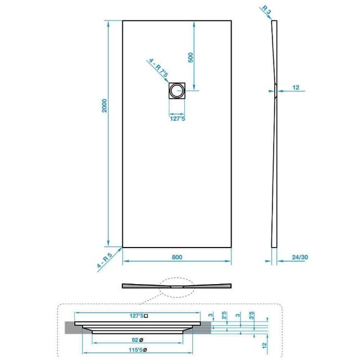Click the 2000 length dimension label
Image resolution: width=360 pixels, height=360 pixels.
click(105, 106)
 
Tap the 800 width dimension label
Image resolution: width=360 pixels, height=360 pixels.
click(177, 257)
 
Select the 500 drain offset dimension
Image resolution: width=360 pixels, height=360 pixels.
click(191, 58)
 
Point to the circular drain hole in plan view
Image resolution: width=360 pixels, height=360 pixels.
click(177, 91)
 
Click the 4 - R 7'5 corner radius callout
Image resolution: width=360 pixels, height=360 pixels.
click(158, 68)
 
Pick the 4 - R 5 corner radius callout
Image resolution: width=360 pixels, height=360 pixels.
click(105, 260)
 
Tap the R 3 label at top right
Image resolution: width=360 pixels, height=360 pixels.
click(266, 10)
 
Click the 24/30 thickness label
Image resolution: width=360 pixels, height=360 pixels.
click(300, 257)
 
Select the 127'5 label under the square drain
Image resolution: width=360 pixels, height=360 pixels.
click(177, 119)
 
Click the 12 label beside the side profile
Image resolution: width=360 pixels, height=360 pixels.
click(296, 88)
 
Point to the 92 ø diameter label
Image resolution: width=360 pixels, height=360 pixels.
click(137, 340)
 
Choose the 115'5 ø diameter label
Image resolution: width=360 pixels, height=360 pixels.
click(137, 350)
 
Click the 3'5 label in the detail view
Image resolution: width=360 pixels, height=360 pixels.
click(251, 315)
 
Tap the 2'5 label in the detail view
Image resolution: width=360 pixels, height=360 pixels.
click(224, 315)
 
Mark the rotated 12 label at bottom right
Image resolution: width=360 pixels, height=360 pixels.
click(265, 345)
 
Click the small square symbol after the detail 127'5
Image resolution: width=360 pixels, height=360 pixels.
click(146, 316)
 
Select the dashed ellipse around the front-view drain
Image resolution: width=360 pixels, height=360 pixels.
click(177, 278)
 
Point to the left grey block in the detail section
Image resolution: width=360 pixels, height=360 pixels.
click(73, 327)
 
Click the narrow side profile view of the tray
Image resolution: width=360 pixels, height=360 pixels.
click(274, 134)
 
